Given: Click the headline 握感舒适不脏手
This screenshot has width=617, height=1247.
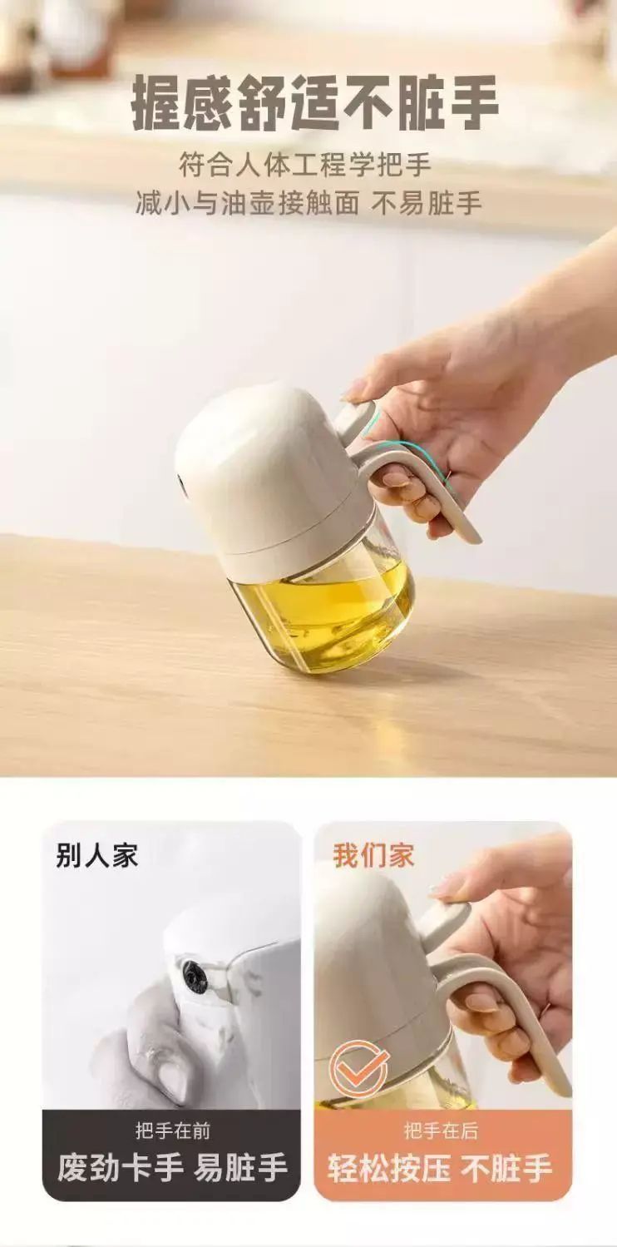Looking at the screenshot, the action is tap(315, 104).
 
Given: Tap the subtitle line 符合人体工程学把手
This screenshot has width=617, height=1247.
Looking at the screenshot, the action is tap(305, 166).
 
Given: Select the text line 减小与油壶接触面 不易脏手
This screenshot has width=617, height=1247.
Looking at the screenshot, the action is tap(308, 204).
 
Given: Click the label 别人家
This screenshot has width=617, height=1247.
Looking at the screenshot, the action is tap(96, 854).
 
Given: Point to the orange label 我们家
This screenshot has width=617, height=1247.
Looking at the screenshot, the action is tap(373, 854).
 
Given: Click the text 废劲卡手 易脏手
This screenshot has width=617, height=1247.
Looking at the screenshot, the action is tap(172, 1152).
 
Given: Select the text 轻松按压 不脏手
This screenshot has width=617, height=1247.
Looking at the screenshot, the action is tap(440, 1152).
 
